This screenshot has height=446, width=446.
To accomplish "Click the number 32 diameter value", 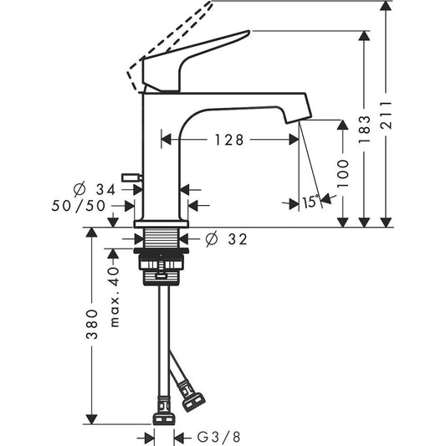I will click(x=237, y=240).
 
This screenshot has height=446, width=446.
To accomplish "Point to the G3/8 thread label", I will click(x=218, y=435).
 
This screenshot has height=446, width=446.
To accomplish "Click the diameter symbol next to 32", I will click(x=210, y=240).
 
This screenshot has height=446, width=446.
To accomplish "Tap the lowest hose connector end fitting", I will click(x=163, y=413).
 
